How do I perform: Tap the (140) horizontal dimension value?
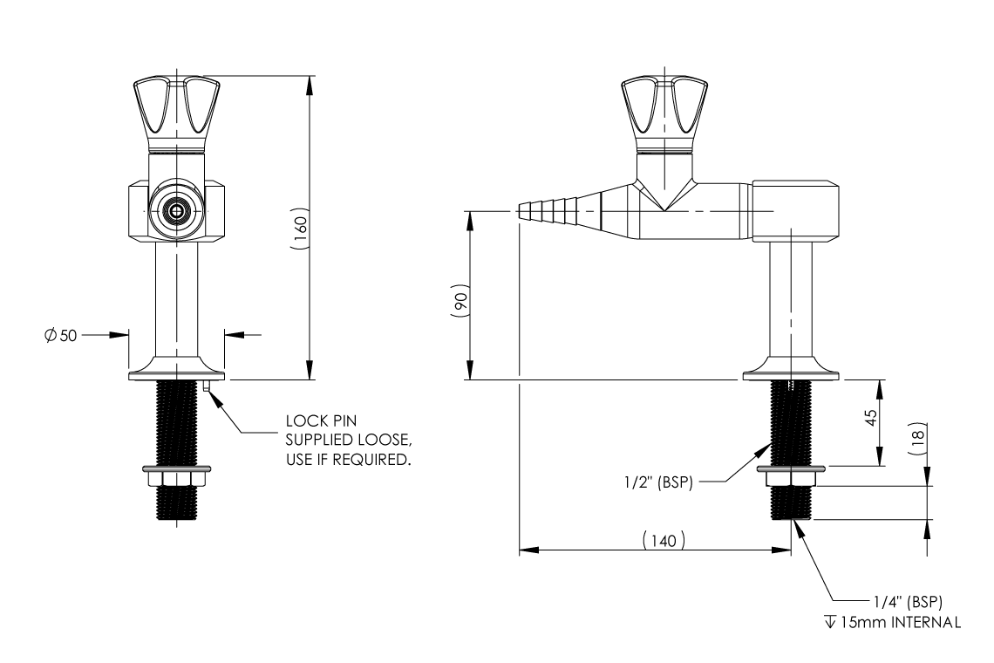pos(663,541)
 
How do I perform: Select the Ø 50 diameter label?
pos(59,334)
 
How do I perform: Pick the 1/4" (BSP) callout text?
pos(908,602)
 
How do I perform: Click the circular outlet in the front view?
pos(177,211)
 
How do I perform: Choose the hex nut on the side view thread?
pos(791,478)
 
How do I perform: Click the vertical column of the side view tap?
pos(791,297)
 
